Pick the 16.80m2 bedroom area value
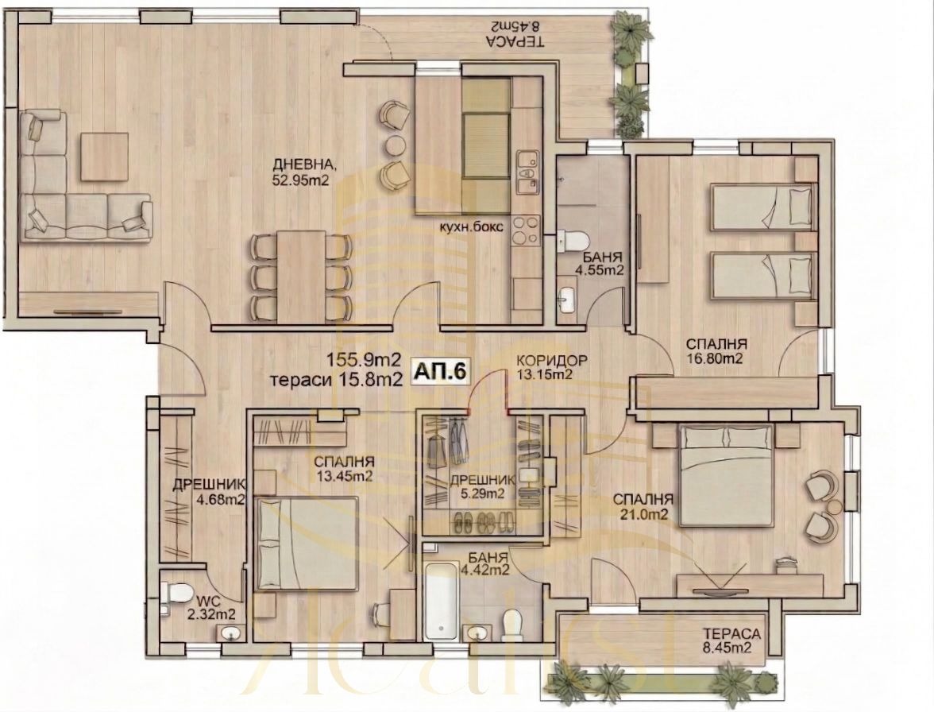[x=714, y=358]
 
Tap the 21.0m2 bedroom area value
[x=643, y=514]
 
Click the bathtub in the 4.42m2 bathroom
[x=441, y=601]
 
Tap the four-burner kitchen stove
[x=526, y=231]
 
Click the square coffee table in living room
[x=105, y=160]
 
